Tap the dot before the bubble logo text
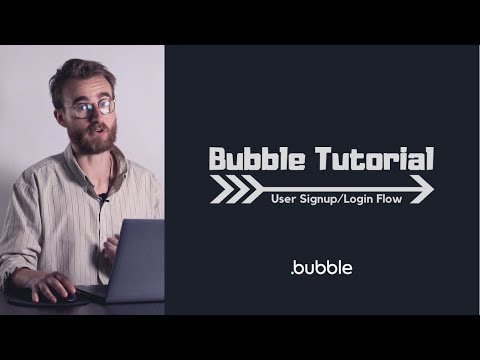tap(292, 273)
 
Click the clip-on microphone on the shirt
tap(104, 198)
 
